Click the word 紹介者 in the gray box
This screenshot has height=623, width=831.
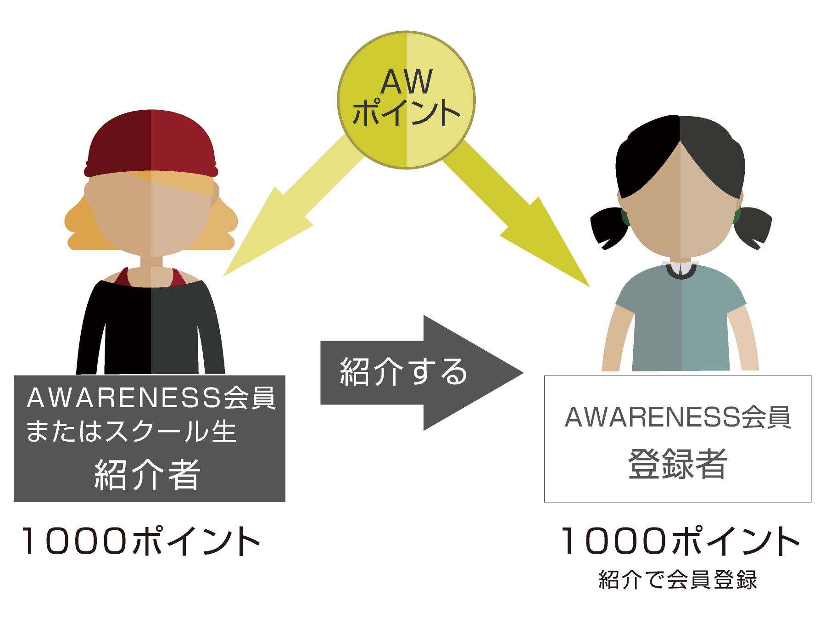(x=147, y=475)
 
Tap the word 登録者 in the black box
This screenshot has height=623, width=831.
(x=677, y=464)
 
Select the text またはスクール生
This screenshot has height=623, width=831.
(x=131, y=432)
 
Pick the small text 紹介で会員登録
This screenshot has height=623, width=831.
(x=677, y=579)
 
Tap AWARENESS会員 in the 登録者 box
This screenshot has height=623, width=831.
(x=677, y=417)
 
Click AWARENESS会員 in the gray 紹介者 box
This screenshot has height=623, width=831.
(x=151, y=398)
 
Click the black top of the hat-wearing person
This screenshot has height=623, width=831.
(x=151, y=331)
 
